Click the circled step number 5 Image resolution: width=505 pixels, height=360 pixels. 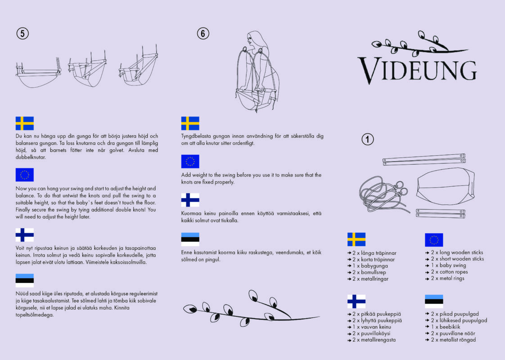22,33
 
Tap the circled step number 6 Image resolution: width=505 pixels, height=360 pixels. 203,33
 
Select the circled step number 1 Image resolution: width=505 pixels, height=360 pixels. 368,139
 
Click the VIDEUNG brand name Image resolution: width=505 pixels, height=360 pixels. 417,70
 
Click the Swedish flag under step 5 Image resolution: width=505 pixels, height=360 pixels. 25,123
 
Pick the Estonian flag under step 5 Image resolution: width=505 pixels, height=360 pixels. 25,280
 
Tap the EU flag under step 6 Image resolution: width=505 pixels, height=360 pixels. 190,162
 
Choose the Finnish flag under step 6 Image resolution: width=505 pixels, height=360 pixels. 190,200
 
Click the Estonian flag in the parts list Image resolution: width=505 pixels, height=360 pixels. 434,301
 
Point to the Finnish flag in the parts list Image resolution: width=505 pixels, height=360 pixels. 356,301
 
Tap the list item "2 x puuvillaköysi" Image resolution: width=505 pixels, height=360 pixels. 372,333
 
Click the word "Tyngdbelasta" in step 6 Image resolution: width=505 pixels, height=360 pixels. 195,136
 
